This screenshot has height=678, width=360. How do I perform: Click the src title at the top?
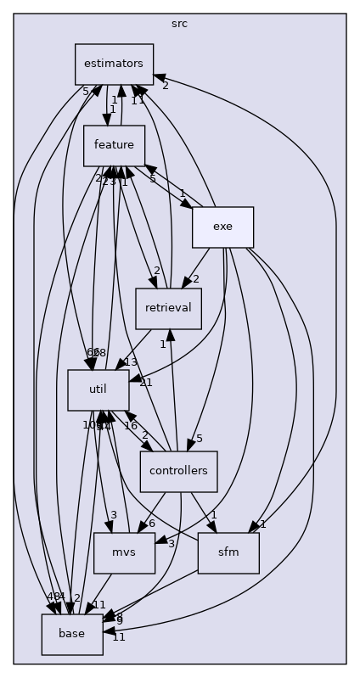pos(179,23)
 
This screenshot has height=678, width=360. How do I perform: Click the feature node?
pos(114,146)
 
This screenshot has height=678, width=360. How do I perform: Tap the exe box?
pos(222,227)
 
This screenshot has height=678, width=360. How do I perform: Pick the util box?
pos(98,390)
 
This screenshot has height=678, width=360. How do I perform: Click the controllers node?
pos(178,472)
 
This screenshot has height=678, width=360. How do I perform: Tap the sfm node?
pos(228,553)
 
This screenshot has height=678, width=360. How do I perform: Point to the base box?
pos(72,635)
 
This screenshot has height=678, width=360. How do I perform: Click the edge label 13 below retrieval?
pos(130,362)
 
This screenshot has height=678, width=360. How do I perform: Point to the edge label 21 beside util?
pos(145,383)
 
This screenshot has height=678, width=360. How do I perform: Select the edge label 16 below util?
pos(131,425)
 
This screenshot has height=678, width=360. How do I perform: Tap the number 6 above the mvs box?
pos(152,523)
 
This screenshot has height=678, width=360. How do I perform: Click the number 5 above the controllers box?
pos(199,439)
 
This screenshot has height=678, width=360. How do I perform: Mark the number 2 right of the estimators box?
pos(165,85)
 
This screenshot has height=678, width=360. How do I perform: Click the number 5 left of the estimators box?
pos(85,91)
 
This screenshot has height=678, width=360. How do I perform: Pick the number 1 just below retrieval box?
pos(163,344)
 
